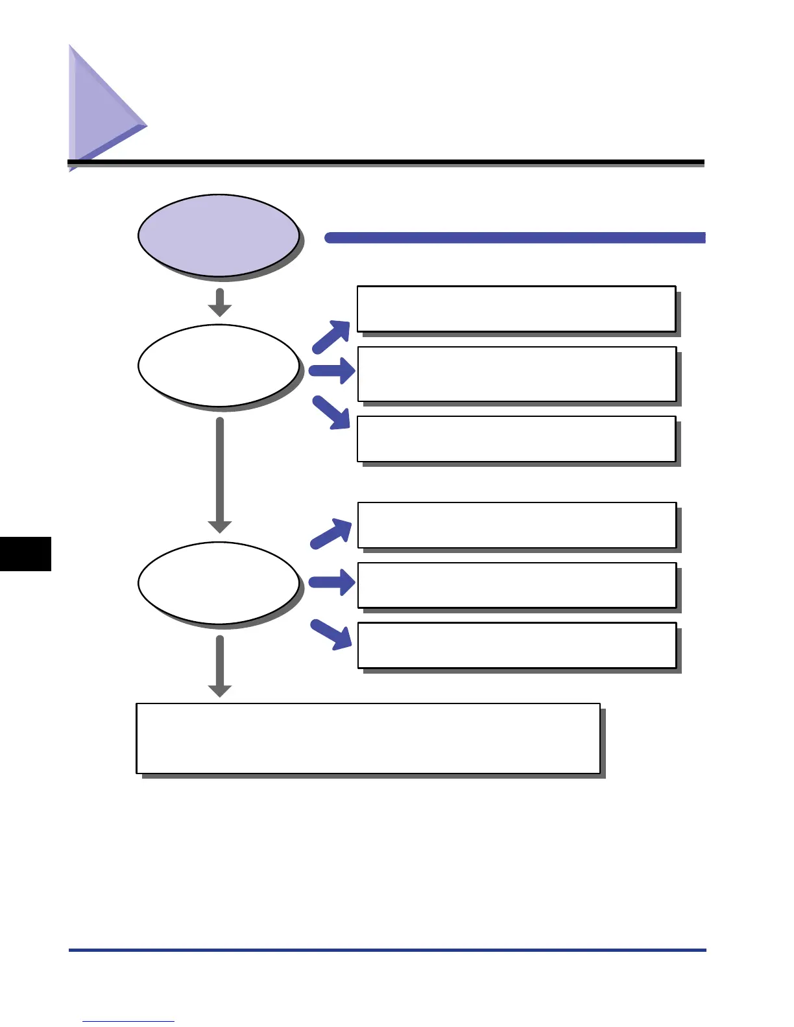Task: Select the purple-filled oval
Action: click(x=219, y=235)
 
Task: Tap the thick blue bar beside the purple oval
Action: click(x=514, y=237)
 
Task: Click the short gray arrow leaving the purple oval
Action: click(x=220, y=302)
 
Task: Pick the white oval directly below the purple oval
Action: click(x=219, y=365)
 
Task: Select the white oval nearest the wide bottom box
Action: click(x=219, y=582)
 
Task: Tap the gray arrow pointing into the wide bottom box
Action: click(x=220, y=667)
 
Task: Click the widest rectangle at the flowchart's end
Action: click(x=368, y=738)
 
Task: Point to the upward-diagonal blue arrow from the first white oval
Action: click(x=331, y=336)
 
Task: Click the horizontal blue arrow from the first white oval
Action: click(x=331, y=371)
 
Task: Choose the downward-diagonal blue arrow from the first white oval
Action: click(x=331, y=412)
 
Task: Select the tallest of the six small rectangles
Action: click(x=516, y=374)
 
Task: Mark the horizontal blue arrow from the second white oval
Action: click(x=331, y=582)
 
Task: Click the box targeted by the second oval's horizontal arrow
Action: click(x=516, y=585)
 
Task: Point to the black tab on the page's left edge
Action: click(x=25, y=554)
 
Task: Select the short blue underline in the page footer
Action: click(x=128, y=1021)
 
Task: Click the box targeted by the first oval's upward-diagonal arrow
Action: click(x=516, y=309)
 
